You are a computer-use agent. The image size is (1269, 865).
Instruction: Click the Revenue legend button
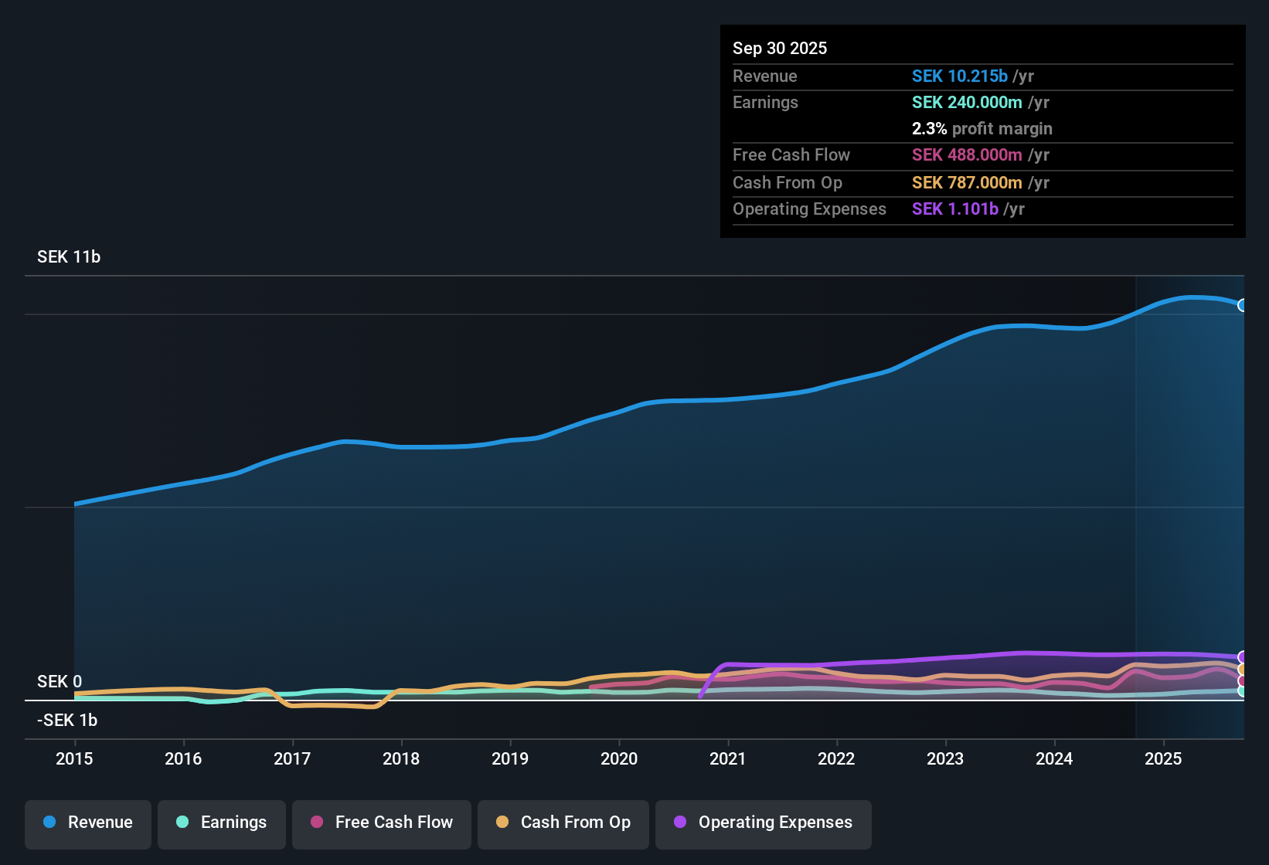click(88, 823)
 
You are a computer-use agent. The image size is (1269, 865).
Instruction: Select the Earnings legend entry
click(222, 823)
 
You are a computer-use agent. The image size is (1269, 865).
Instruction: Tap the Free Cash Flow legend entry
click(382, 823)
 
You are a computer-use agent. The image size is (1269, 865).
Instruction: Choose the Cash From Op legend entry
click(563, 823)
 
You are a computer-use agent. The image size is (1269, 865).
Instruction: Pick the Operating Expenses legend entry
click(764, 823)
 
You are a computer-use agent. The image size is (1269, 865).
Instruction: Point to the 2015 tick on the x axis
click(74, 758)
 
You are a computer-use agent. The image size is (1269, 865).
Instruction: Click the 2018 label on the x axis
click(401, 758)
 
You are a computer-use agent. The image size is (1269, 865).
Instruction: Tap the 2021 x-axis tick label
click(728, 758)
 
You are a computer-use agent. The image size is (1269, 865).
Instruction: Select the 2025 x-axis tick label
click(1163, 758)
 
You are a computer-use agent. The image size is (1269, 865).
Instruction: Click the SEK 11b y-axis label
click(69, 257)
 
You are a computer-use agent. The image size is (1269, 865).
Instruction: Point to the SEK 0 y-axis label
click(60, 681)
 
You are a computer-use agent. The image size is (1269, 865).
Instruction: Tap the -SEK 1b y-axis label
click(67, 720)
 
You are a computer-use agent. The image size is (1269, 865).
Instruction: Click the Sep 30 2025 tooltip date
click(780, 48)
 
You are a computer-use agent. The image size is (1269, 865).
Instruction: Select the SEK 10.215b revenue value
click(959, 76)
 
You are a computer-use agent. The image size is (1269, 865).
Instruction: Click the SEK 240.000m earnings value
click(967, 102)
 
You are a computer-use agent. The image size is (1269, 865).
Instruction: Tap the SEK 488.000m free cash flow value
click(967, 154)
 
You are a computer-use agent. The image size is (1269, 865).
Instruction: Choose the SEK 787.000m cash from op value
click(967, 182)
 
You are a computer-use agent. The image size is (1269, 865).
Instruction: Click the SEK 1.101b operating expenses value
click(954, 209)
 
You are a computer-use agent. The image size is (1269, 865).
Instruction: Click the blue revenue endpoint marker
click(1242, 305)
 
